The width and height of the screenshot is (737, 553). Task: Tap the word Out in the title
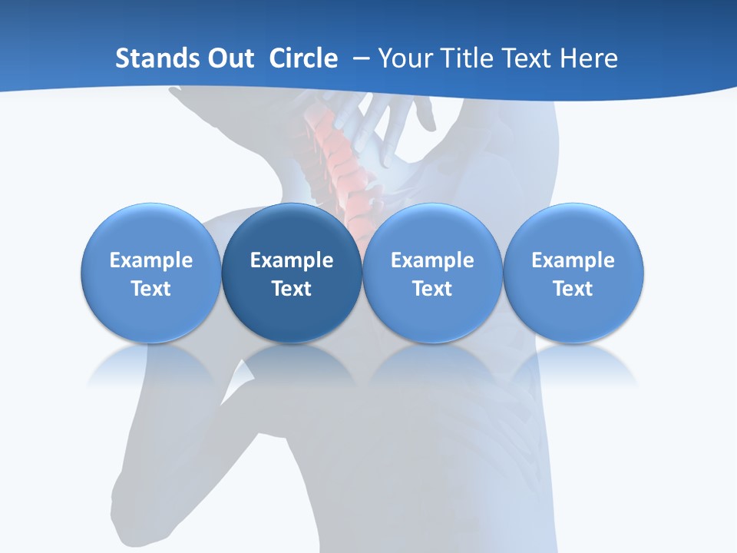[x=228, y=58]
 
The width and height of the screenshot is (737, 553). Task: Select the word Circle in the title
[x=303, y=58]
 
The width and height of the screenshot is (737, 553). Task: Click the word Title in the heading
[x=469, y=58]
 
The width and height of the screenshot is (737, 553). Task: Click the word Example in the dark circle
[x=292, y=260]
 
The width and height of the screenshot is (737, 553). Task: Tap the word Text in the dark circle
[x=292, y=289]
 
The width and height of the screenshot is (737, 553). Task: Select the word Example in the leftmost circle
[x=150, y=260]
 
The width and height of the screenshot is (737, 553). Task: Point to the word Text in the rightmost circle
[x=573, y=289]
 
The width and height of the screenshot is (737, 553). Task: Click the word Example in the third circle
[x=432, y=260]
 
